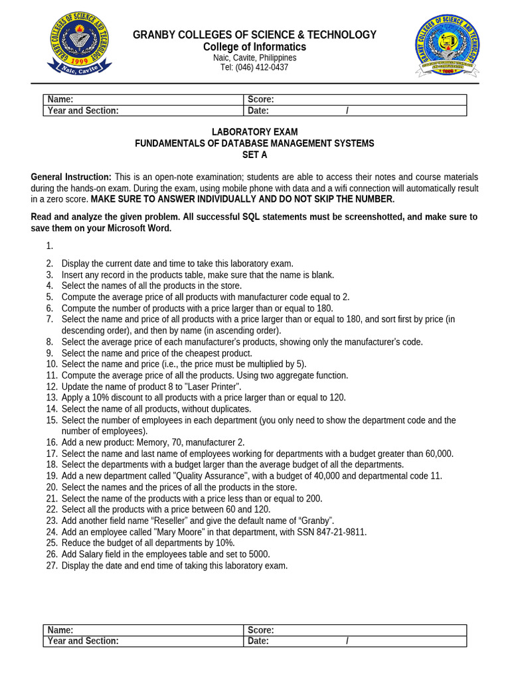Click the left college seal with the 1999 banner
click(x=79, y=45)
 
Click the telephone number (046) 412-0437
click(x=254, y=68)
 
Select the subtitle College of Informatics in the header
click(x=254, y=47)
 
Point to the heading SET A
click(x=254, y=155)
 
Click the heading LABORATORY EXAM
click(x=254, y=132)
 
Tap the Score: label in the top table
click(x=261, y=100)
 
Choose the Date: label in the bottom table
click(x=258, y=641)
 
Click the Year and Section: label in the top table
click(x=83, y=111)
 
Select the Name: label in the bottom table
click(x=60, y=630)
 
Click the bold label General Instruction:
click(x=71, y=177)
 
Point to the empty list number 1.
click(x=49, y=246)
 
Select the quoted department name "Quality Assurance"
click(x=214, y=476)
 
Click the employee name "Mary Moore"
click(x=151, y=532)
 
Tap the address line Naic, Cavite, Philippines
click(x=254, y=58)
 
